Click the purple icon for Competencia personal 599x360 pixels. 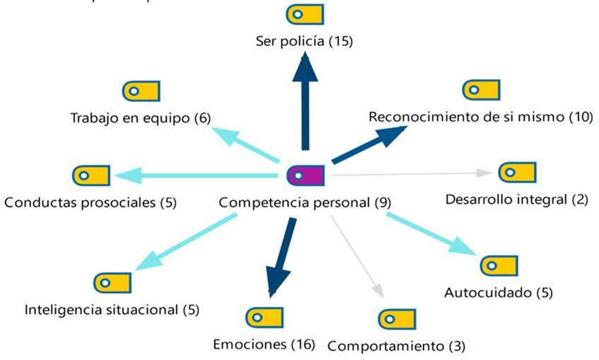pos(305,173)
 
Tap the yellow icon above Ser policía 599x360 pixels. pos(305,14)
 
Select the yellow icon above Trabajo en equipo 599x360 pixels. pos(141,91)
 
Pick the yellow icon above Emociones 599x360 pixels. pos(264,318)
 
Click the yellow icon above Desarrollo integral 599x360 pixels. pos(517,172)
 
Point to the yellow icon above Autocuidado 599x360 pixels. pos(499,265)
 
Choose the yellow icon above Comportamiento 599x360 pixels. pos(396,319)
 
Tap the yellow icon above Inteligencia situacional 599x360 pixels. pos(112,282)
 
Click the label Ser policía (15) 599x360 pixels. pos(304,42)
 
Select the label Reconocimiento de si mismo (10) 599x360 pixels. pos(480,117)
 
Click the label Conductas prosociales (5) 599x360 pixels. pos(90,203)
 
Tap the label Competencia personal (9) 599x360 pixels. pos(305,203)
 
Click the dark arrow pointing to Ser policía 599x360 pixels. pos(305,99)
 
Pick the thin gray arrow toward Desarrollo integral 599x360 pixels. pos(410,173)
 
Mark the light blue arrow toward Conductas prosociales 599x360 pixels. pos(198,175)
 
